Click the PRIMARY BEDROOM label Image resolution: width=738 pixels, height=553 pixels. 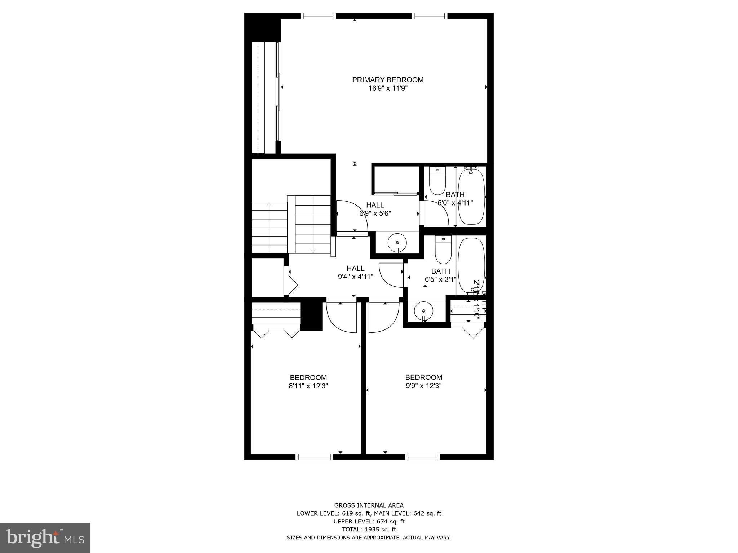tap(387, 80)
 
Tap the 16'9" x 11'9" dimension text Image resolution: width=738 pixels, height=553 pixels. tap(387, 89)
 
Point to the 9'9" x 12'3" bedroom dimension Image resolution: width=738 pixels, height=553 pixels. tap(423, 386)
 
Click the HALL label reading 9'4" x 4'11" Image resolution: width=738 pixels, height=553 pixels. tap(355, 273)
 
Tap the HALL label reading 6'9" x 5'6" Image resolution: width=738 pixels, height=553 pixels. tap(375, 209)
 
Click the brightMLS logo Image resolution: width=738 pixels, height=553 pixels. tap(45, 538)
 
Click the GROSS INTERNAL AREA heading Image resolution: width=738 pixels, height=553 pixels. tap(369, 505)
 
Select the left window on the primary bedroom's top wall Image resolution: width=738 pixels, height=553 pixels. tap(318, 16)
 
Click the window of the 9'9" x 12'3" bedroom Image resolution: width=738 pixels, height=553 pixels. tap(423, 457)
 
